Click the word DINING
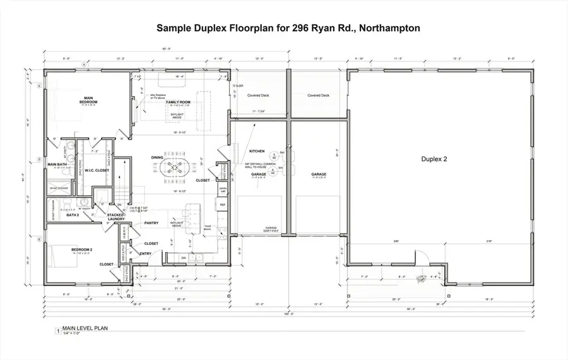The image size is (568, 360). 158,157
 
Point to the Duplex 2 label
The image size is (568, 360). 434,159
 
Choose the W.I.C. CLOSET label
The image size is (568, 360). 97,171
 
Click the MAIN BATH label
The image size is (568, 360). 57,165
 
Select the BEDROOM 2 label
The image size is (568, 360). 82,250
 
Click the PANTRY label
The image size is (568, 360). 151,223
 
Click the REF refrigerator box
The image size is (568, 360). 222,205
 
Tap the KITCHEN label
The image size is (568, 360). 256,152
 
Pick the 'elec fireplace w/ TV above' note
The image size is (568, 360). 158,97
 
